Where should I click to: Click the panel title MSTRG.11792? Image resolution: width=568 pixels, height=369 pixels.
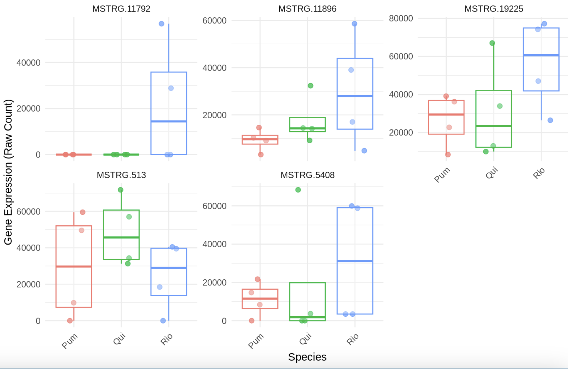121,9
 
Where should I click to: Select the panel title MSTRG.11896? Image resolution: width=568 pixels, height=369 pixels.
307,9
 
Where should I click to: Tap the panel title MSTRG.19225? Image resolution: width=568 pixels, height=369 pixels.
493,9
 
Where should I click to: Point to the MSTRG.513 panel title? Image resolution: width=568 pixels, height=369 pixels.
121,175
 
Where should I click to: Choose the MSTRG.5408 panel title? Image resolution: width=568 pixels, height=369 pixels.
307,175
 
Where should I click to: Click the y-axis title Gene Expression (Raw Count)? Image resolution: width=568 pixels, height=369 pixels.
8,172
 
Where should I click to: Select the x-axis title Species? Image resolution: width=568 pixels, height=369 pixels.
307,357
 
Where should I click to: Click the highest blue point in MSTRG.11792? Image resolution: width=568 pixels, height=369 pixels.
161,24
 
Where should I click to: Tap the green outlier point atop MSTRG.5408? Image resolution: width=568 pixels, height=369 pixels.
298,190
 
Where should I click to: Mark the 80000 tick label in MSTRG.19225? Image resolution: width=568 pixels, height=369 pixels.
401,18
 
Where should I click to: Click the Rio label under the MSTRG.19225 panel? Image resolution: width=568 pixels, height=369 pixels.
539,173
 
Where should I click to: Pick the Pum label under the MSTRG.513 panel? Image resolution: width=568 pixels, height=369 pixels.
70,341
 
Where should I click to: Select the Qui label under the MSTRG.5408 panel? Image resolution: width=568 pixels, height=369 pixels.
305,339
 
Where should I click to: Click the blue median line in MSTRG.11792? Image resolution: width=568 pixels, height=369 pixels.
169,121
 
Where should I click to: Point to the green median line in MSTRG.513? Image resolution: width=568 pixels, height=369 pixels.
121,237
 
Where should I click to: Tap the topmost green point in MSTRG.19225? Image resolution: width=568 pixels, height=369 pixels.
492,43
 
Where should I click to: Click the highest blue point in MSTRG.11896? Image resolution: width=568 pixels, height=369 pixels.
354,24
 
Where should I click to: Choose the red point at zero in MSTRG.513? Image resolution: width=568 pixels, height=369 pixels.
70,320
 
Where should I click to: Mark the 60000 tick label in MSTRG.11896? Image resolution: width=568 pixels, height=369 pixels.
215,21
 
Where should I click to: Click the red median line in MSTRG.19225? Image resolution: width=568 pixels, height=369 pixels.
446,114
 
